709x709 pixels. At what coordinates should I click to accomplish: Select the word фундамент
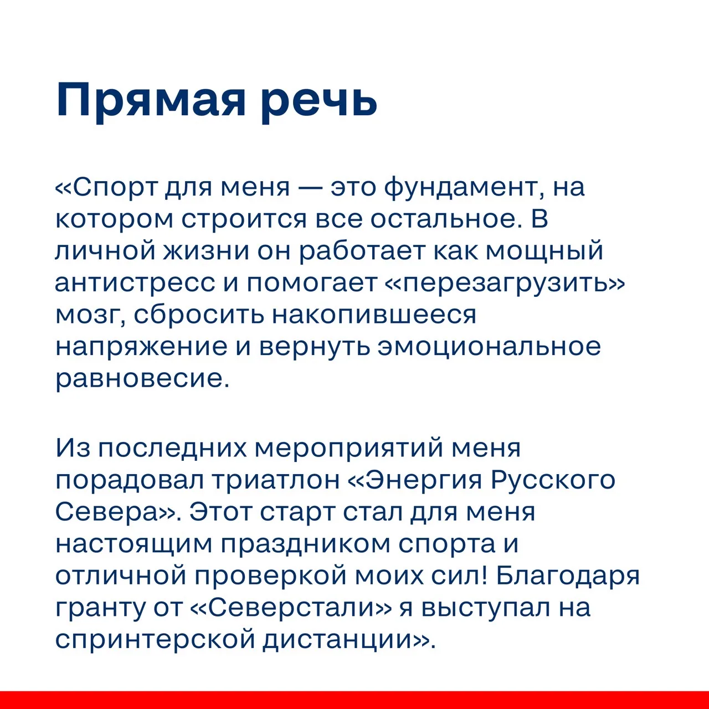[x=461, y=188]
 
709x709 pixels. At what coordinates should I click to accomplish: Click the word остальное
[x=446, y=219]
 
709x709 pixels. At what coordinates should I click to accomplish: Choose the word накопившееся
[x=374, y=315]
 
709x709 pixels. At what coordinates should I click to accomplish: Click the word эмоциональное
[x=489, y=347]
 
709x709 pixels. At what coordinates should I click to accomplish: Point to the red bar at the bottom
[x=354, y=700]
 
